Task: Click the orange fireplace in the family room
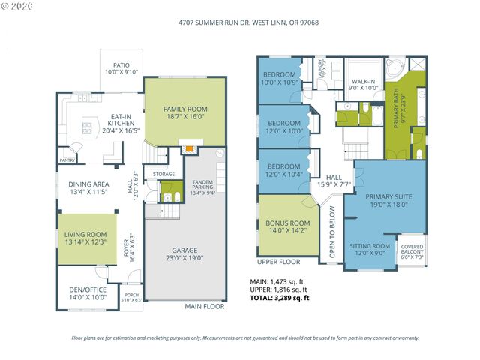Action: tap(191, 148)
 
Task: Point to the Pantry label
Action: tap(67, 160)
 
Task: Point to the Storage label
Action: tap(163, 174)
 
